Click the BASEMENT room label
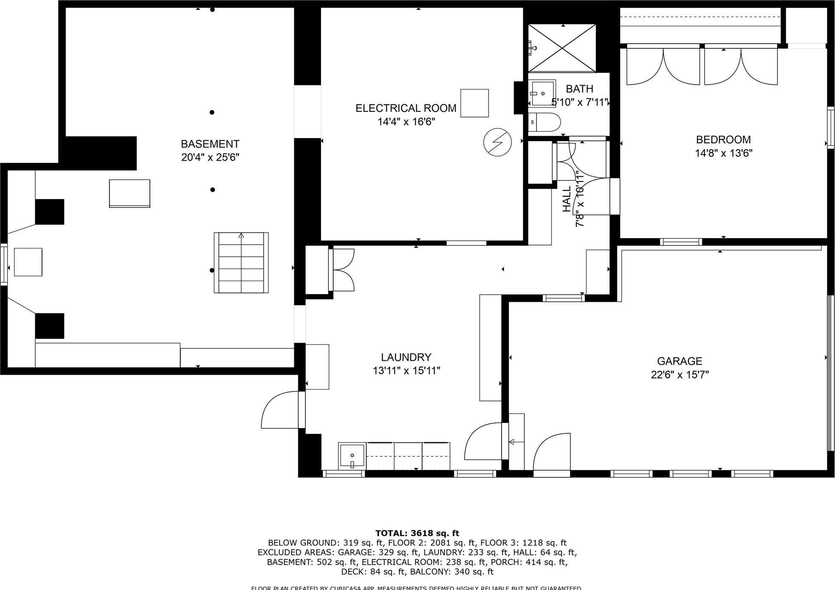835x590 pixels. pyautogui.click(x=210, y=144)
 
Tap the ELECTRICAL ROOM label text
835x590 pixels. pyautogui.click(x=406, y=109)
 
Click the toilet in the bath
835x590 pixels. pyautogui.click(x=545, y=122)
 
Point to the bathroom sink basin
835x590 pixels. pyautogui.click(x=542, y=93)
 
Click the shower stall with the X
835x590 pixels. pyautogui.click(x=562, y=47)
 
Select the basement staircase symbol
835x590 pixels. pyautogui.click(x=241, y=262)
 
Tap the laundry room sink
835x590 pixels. pyautogui.click(x=352, y=456)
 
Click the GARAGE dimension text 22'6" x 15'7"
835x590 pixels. pyautogui.click(x=680, y=375)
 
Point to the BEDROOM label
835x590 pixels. pyautogui.click(x=723, y=139)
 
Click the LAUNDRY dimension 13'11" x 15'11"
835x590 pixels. pyautogui.click(x=406, y=371)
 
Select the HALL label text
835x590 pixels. pyautogui.click(x=567, y=199)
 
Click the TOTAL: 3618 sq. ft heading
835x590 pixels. pyautogui.click(x=417, y=533)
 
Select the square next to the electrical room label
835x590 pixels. pyautogui.click(x=475, y=103)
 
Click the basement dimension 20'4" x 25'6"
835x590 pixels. pyautogui.click(x=210, y=157)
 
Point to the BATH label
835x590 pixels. pyautogui.click(x=579, y=89)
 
